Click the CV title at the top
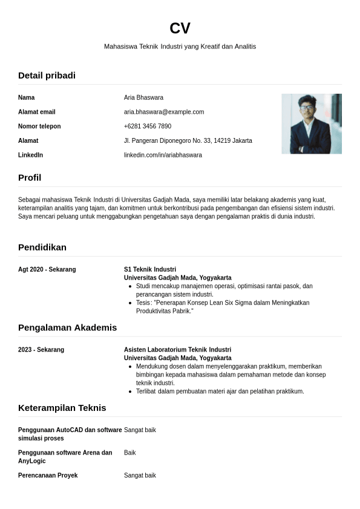180,28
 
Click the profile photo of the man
311,123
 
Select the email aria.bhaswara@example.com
164,112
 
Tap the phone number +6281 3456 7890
148,126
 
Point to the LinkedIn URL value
163,155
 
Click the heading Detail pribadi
47,76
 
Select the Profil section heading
30,177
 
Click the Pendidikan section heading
42,247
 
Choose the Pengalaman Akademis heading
67,327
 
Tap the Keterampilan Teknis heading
62,408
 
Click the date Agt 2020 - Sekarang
47,269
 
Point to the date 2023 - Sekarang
41,350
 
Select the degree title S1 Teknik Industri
150,269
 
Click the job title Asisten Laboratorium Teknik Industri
177,350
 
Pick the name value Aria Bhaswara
143,97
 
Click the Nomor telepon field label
39,126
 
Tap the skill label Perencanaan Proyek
48,476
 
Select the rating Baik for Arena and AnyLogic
130,453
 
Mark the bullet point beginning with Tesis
223,307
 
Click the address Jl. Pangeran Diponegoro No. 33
188,141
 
